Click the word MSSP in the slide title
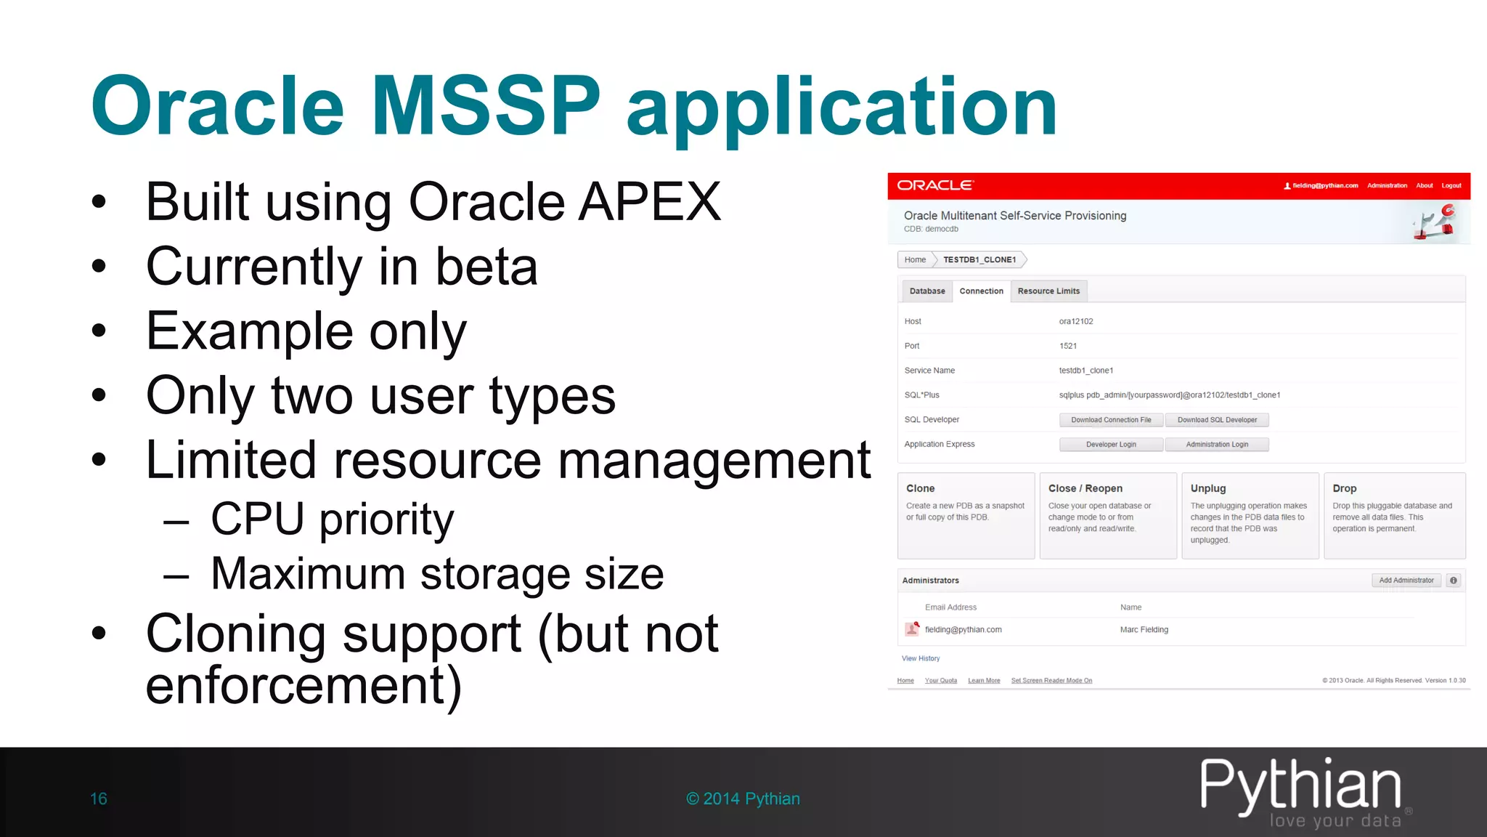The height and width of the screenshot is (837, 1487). pyautogui.click(x=486, y=106)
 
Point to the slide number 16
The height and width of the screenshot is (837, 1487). pyautogui.click(x=99, y=798)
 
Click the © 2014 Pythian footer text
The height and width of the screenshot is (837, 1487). pyautogui.click(x=743, y=798)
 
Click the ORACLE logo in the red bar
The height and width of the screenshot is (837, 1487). pyautogui.click(x=935, y=185)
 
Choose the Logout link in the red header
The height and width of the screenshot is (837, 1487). pyautogui.click(x=1451, y=186)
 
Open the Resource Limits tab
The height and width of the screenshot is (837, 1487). pyautogui.click(x=1048, y=291)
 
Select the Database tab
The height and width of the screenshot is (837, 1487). pyautogui.click(x=927, y=291)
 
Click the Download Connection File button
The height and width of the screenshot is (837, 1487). pyautogui.click(x=1111, y=420)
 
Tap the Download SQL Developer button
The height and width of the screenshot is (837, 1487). pyautogui.click(x=1217, y=420)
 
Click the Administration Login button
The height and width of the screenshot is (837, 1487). pyautogui.click(x=1217, y=445)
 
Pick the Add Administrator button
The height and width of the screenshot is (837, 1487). pyautogui.click(x=1406, y=581)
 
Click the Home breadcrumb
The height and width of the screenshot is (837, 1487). pyautogui.click(x=915, y=260)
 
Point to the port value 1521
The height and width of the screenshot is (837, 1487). pyautogui.click(x=1068, y=346)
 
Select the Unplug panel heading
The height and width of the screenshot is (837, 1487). pyautogui.click(x=1208, y=488)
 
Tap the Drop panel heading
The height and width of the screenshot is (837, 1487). pyautogui.click(x=1345, y=488)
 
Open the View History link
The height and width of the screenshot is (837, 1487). pyautogui.click(x=921, y=658)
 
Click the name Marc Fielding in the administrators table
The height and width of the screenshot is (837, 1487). pyautogui.click(x=1144, y=630)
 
